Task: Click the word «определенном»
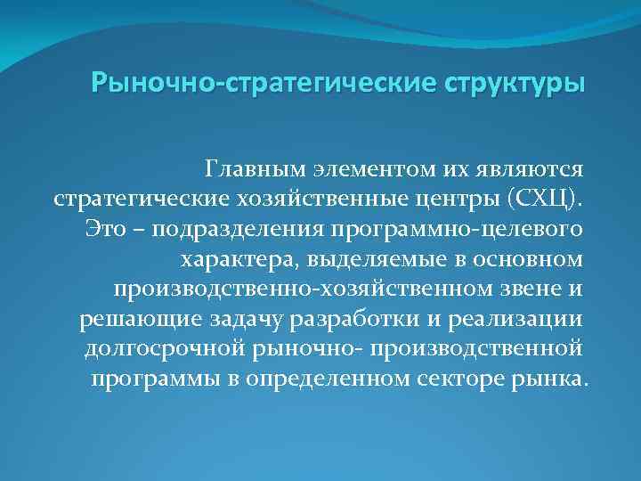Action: coord(343,379)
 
